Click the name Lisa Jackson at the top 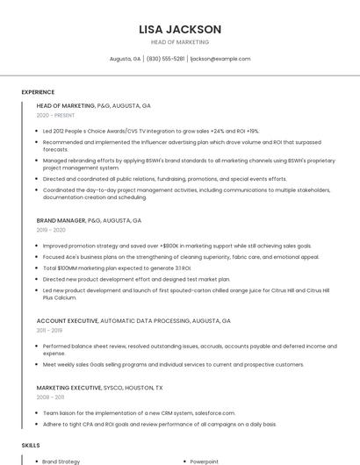tap(180, 29)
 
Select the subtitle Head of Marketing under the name tap(180, 42)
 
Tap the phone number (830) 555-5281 tap(165, 59)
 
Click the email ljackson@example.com tap(220, 59)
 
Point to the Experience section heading tap(38, 92)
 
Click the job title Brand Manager tap(61, 220)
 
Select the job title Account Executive tap(67, 321)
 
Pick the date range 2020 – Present tap(55, 115)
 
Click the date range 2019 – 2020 tap(51, 230)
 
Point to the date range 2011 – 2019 tap(50, 331)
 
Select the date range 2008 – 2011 tap(50, 397)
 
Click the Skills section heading tap(31, 446)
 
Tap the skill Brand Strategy tap(61, 461)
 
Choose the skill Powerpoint tap(205, 461)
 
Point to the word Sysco tap(114, 387)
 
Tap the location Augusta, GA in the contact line tap(125, 59)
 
